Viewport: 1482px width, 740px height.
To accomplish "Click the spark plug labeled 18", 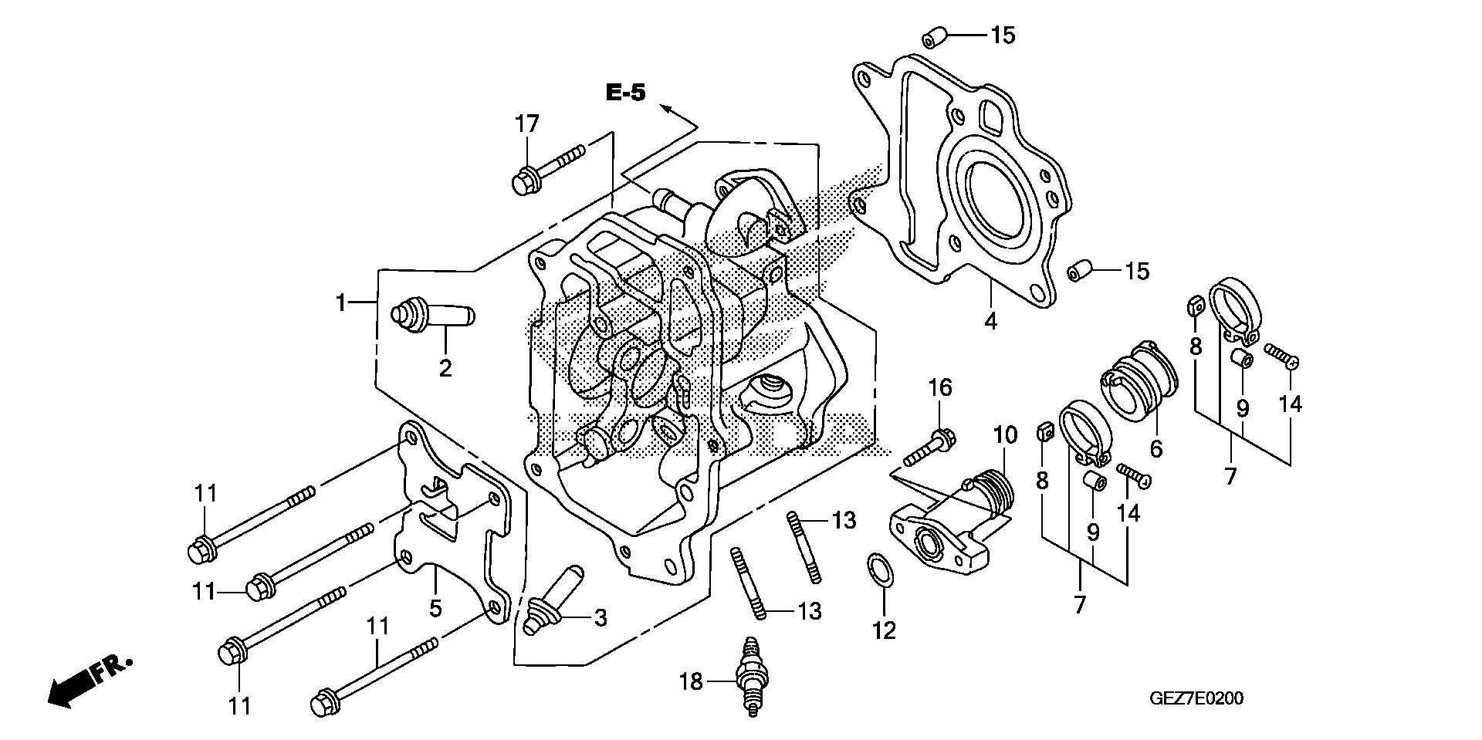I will [749, 678].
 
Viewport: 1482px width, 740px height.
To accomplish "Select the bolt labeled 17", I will [547, 169].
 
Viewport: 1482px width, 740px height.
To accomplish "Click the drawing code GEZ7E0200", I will [1196, 699].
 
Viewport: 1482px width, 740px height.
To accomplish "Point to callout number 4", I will [990, 320].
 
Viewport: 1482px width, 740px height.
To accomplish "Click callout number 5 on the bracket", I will [435, 608].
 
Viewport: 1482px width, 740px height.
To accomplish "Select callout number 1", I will [340, 302].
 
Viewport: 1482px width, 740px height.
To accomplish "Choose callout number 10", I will [1006, 436].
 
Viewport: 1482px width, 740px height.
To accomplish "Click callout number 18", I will [691, 681].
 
